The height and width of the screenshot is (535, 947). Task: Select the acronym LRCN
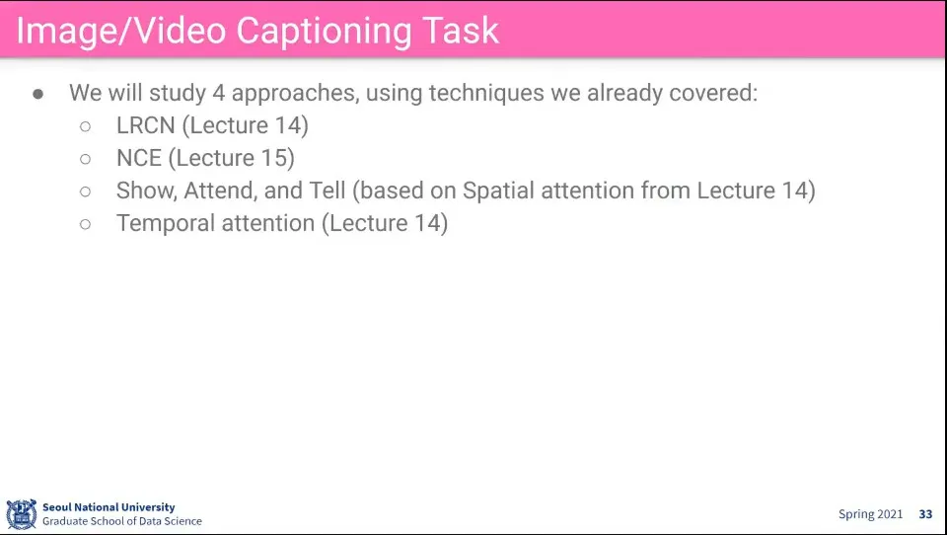tap(146, 125)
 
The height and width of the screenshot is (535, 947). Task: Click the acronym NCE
tap(139, 158)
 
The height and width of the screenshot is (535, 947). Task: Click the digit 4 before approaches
tap(219, 93)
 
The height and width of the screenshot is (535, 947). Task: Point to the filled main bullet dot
tap(38, 94)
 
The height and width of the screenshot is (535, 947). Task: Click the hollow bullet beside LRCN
tap(85, 126)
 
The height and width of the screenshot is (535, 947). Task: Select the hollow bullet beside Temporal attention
tap(85, 224)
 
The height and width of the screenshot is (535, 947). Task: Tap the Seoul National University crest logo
tap(21, 514)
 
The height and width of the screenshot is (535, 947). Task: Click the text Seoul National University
tap(109, 507)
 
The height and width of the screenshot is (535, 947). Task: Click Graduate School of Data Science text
tap(122, 521)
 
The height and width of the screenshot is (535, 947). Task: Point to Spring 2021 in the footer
tap(870, 514)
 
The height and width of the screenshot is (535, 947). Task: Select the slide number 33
tap(926, 514)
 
